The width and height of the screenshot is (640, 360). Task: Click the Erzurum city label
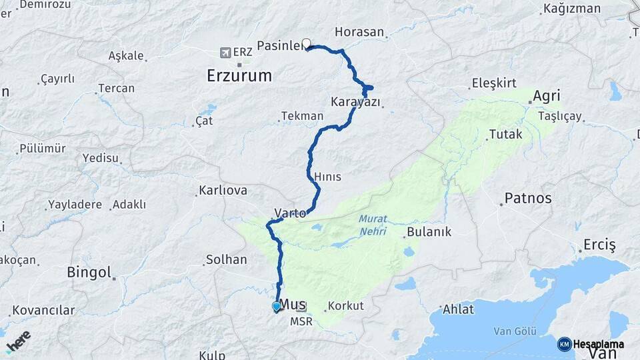coord(239,75)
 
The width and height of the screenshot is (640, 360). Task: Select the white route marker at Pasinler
coord(307,44)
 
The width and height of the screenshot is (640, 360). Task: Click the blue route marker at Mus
coord(277,307)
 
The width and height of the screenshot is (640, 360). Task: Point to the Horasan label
coord(359,32)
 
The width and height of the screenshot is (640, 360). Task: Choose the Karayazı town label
coord(355,102)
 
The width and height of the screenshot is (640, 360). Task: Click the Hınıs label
coord(327,177)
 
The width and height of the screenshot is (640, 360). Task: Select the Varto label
coord(290,213)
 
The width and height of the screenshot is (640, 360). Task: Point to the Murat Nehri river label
coord(373,223)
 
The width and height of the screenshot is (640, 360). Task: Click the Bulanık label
coord(431,232)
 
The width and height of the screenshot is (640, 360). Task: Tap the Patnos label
coord(528,198)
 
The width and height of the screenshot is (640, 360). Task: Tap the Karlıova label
coord(223,191)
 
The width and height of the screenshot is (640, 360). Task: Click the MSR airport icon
coord(301,307)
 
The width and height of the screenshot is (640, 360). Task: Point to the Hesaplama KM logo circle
coord(564,344)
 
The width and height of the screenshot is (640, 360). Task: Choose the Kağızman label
coord(568,9)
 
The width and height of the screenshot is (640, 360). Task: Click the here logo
coord(18,341)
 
